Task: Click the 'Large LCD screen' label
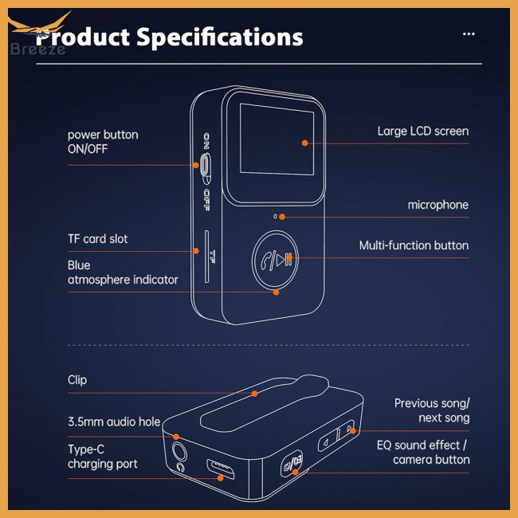tap(423, 131)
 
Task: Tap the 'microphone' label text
tap(438, 205)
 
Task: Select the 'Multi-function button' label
tap(414, 245)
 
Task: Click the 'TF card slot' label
tap(97, 238)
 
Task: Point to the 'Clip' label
tap(77, 380)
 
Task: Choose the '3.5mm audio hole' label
tap(114, 422)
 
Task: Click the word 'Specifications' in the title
tap(220, 37)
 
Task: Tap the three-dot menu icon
tap(469, 33)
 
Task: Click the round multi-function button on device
tap(275, 259)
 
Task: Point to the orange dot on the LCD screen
tap(305, 143)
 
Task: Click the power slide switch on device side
tap(206, 168)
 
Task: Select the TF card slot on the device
tap(207, 257)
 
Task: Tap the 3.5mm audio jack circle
tap(179, 451)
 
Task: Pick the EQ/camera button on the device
tap(292, 463)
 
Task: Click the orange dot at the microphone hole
tap(282, 217)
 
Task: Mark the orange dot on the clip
tap(254, 394)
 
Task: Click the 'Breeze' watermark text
tap(37, 49)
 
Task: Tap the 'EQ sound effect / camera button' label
tap(423, 453)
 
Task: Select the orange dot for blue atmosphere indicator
tap(277, 292)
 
